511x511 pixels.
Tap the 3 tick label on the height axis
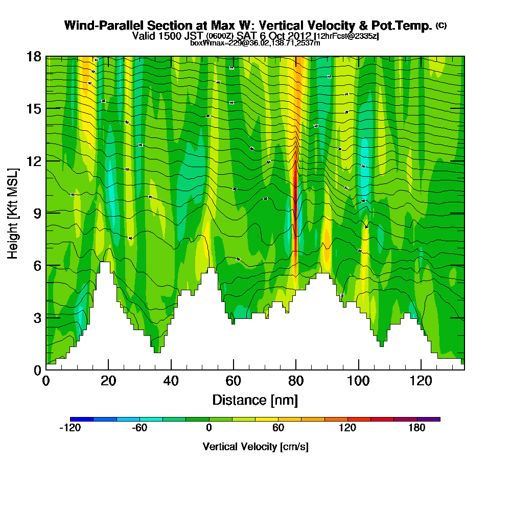click(37, 317)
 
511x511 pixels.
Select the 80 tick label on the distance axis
click(296, 381)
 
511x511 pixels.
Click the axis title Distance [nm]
click(255, 400)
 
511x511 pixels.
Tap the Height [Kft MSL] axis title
click(13, 213)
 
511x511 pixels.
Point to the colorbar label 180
click(417, 428)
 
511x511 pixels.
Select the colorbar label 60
click(278, 428)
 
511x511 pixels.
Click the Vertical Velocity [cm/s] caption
click(255, 447)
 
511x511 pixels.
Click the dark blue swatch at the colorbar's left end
click(82, 419)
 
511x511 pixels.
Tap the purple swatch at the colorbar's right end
click(429, 419)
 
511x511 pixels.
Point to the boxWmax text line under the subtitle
click(255, 43)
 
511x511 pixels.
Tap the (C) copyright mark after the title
click(441, 25)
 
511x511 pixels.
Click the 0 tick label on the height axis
click(37, 369)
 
